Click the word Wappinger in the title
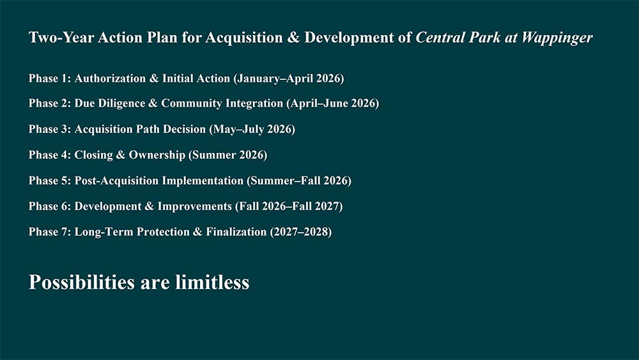(557, 38)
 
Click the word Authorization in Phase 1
(110, 78)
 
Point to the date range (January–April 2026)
(289, 78)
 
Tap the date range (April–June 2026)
(333, 104)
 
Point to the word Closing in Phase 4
(93, 155)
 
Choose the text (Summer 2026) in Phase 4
(228, 155)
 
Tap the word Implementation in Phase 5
(203, 180)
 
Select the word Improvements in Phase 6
(195, 207)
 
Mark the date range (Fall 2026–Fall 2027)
(289, 207)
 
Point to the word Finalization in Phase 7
(236, 231)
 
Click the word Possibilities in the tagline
(82, 282)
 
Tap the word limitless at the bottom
(212, 282)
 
